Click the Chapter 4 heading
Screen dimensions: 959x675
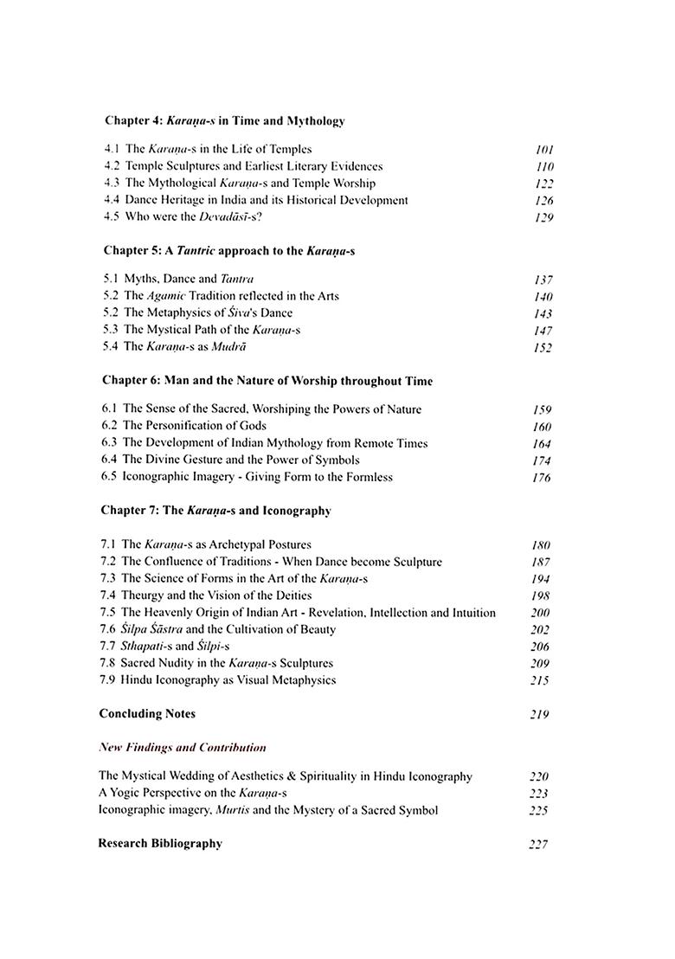tap(224, 120)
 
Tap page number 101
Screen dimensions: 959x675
tap(544, 150)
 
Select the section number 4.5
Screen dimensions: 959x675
tap(112, 216)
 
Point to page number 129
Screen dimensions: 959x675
tap(543, 217)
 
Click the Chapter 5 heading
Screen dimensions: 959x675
tap(229, 251)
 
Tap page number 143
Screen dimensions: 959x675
tap(543, 313)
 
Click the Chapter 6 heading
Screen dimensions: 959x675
tap(267, 381)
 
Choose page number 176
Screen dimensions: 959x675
tap(542, 478)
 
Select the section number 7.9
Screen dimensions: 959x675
tap(108, 680)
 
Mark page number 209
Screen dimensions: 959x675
tap(540, 664)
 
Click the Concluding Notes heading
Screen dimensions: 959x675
tap(147, 714)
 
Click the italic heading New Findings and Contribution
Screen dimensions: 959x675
tap(183, 747)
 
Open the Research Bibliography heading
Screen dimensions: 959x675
tap(160, 843)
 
